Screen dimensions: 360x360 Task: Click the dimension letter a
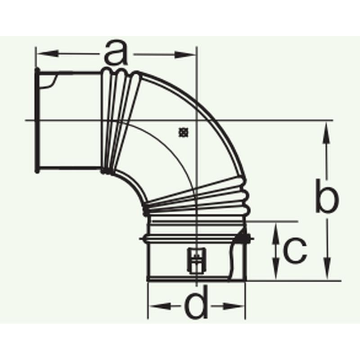[x=116, y=53]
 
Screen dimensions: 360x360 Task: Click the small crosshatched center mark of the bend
[x=183, y=132]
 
